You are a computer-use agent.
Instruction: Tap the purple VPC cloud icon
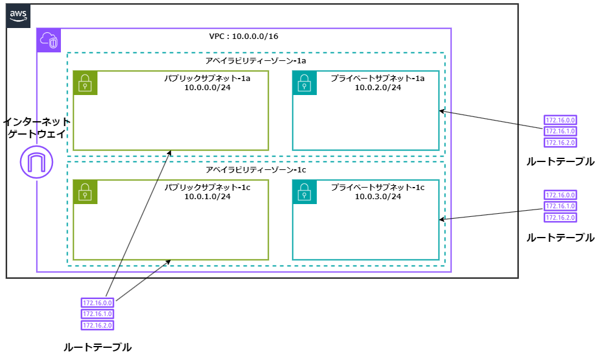[x=49, y=40]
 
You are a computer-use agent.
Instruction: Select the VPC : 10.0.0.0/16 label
[x=244, y=37]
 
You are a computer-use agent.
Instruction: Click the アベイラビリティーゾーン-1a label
[x=256, y=62]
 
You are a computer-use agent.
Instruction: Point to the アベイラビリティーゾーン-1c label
[x=256, y=170]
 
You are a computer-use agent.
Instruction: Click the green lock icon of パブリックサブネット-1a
[x=85, y=83]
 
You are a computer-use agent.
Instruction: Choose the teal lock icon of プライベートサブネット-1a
[x=305, y=83]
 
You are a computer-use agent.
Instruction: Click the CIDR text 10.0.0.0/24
[x=208, y=88]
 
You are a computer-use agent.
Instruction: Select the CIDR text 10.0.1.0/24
[x=208, y=196]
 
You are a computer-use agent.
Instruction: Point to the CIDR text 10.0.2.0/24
[x=378, y=88]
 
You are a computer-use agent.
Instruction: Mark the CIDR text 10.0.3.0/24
[x=378, y=196]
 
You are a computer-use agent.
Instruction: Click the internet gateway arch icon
[x=37, y=162]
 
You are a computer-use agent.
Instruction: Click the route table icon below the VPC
[x=97, y=314]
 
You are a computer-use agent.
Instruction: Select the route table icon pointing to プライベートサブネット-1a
[x=560, y=132]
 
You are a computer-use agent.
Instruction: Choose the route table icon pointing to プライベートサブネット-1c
[x=560, y=206]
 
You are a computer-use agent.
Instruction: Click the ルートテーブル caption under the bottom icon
[x=97, y=347]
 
